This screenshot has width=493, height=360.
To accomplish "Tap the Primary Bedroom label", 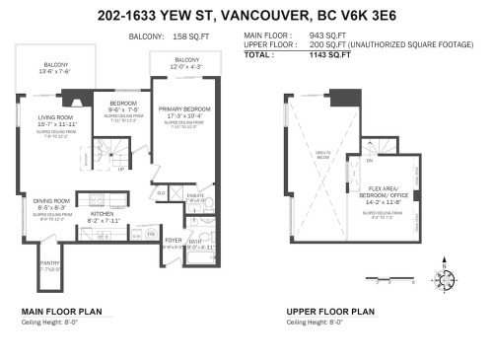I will click(x=178, y=112).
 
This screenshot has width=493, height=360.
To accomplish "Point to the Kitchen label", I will click(x=104, y=213).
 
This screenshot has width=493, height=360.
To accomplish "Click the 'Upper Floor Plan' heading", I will click(x=330, y=311).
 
